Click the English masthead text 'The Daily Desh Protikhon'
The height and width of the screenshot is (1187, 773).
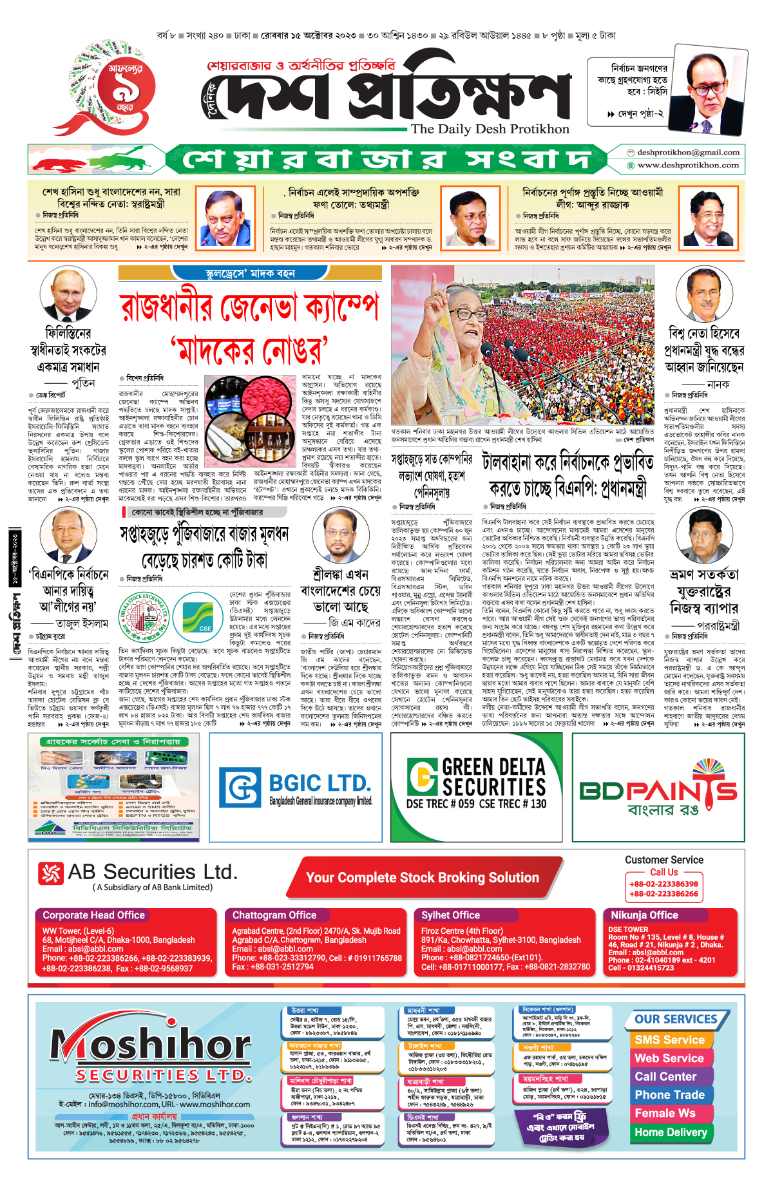490,129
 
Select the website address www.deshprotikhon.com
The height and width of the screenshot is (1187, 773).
688,166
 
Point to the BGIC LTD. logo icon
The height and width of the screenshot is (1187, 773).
240,786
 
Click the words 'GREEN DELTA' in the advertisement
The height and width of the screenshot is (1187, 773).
493,767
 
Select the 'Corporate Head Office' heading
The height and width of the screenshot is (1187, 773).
93,915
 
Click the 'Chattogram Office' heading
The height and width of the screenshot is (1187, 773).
274,915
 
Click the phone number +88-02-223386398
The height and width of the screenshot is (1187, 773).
663,884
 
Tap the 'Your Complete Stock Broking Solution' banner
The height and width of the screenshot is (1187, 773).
423,878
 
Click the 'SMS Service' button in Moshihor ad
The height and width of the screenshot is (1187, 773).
669,1040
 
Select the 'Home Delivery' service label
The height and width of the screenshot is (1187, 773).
671,1132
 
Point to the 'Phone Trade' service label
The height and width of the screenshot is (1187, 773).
669,1095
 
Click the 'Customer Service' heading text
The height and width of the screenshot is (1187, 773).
663,860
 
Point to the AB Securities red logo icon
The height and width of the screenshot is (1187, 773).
50,873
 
